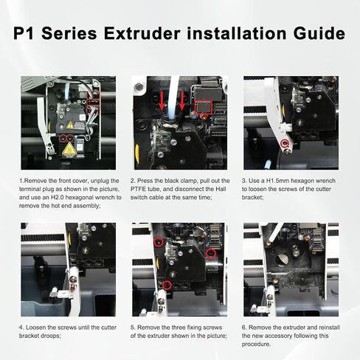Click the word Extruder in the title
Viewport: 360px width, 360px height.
(134, 34)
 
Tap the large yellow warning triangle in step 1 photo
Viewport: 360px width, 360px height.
(69, 149)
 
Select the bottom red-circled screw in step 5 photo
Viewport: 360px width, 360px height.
(167, 284)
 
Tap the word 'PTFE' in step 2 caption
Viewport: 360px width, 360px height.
(142, 189)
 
